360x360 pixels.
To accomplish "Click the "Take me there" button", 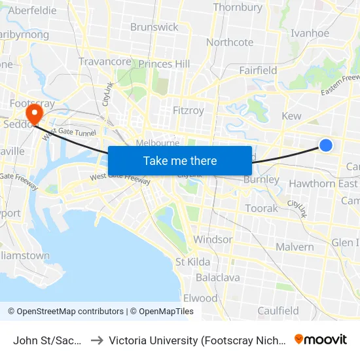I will (x=180, y=160).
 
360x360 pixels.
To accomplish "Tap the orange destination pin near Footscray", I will (x=37, y=113).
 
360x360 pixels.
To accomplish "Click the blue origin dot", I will (x=325, y=145).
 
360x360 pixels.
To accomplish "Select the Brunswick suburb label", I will (x=154, y=27).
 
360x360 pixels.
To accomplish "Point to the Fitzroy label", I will (x=188, y=111).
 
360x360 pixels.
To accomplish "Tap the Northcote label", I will (x=230, y=42).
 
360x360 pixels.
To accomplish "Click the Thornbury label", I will (x=238, y=8).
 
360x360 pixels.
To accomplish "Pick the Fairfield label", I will (x=258, y=70).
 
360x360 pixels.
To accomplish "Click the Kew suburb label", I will (x=291, y=116).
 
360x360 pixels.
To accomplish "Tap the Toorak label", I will (x=261, y=208).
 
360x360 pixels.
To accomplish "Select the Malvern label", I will (x=295, y=247).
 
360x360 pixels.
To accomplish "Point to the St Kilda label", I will (x=193, y=262).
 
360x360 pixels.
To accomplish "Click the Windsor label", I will (x=213, y=240).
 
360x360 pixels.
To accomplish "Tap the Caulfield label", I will (x=278, y=311).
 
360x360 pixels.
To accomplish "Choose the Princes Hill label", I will (x=164, y=64).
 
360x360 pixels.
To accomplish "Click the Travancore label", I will (x=105, y=62).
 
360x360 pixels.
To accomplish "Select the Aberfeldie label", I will (x=32, y=11).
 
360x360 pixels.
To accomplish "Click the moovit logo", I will (x=321, y=340).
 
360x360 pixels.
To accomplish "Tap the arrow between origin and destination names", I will (x=96, y=340).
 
